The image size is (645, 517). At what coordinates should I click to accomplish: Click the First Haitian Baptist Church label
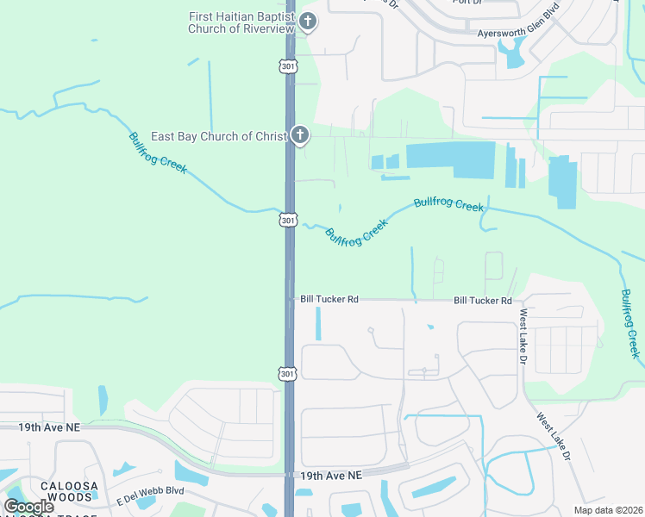(241, 22)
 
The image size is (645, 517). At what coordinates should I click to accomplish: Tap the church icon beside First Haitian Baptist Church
(307, 22)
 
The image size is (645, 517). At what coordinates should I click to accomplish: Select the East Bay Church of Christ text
(218, 136)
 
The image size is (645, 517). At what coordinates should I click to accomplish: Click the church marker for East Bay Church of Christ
(299, 134)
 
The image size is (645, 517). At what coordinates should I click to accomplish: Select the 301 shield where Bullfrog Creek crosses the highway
(288, 220)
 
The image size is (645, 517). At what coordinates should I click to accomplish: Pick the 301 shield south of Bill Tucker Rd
(287, 372)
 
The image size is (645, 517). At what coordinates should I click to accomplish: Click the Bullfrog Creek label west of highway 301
(158, 153)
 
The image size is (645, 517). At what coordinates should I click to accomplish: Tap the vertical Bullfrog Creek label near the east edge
(630, 323)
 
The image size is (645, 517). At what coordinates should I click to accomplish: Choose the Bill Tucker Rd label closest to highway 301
(329, 299)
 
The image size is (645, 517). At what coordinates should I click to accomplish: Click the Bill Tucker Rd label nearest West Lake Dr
(483, 300)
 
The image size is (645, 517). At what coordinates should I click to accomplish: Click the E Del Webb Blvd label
(151, 490)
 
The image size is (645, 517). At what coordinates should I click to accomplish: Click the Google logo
(28, 506)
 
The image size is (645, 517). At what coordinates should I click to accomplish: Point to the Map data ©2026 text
(611, 510)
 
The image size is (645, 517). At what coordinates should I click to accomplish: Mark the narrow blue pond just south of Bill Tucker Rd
(319, 323)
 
